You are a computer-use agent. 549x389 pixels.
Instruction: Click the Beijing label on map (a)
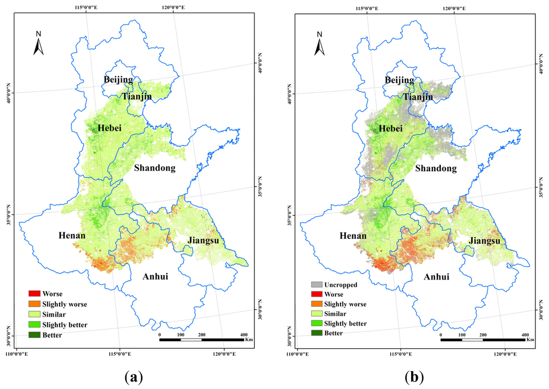[118, 79]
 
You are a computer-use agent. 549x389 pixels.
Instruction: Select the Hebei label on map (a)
[109, 128]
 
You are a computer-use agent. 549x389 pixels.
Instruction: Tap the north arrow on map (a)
[39, 44]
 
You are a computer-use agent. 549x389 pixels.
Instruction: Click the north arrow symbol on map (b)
[320, 45]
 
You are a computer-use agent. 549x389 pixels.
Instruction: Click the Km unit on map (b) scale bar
[530, 339]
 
